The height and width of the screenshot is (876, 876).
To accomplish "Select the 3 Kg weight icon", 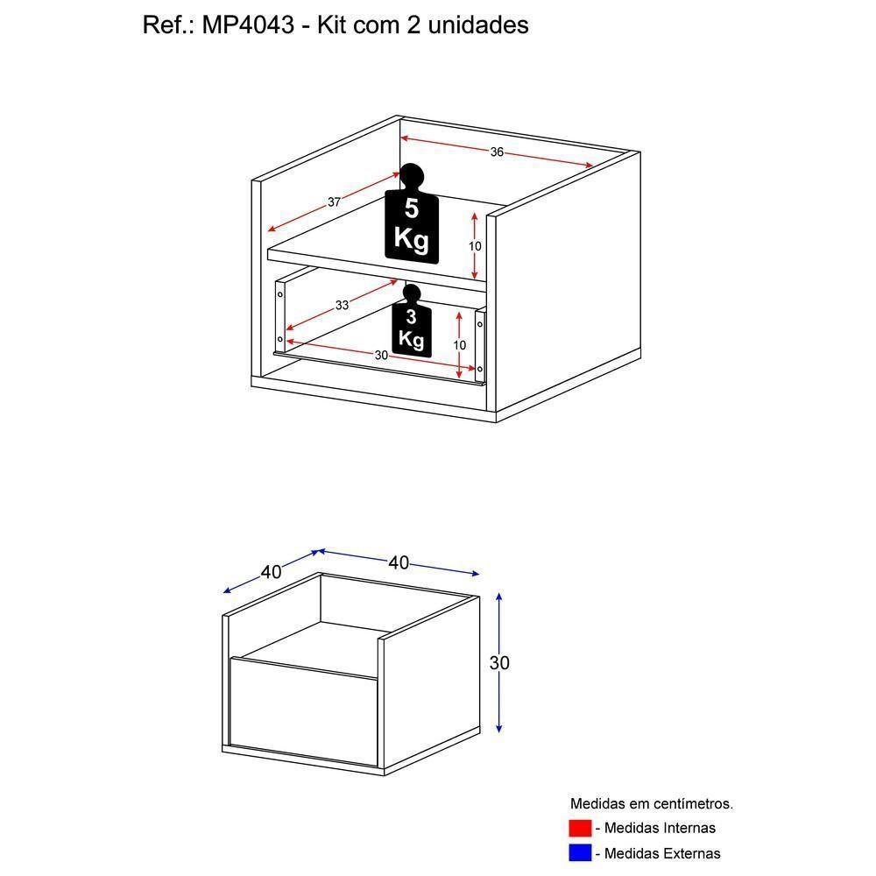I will point(412,326).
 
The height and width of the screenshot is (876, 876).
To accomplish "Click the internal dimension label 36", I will point(497,152).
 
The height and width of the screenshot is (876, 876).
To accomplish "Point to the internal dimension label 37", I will point(334,202).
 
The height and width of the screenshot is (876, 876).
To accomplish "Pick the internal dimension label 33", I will point(342,305).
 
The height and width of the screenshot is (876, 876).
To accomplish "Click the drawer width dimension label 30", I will point(381,355).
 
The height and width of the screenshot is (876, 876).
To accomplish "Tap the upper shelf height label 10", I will point(474,246).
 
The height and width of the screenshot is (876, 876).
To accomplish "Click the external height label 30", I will point(499,663).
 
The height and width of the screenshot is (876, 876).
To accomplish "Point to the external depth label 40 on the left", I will point(271,572).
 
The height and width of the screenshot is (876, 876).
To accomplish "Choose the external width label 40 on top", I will point(399,562).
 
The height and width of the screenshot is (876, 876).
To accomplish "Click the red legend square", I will point(580,828).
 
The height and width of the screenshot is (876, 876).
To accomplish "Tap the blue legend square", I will point(580,852).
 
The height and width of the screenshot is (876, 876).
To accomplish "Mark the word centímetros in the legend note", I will point(689,803).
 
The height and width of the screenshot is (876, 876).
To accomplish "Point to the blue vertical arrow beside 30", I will point(498,631).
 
